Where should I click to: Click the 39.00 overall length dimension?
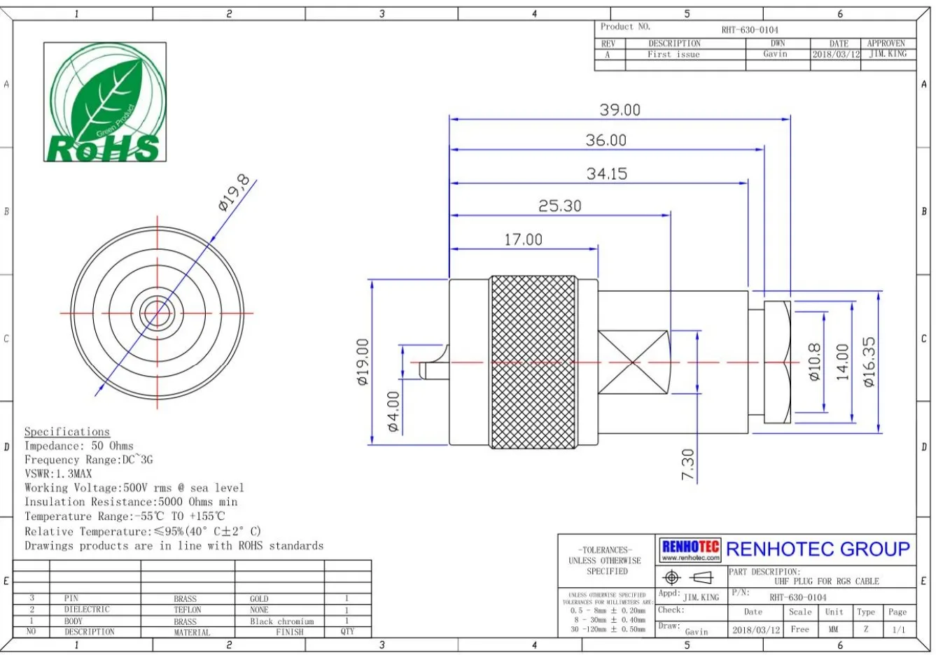620,110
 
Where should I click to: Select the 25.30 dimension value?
559,206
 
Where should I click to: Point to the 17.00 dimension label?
523,239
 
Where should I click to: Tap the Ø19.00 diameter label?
362,362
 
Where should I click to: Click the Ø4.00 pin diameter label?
393,411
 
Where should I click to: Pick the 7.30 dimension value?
687,464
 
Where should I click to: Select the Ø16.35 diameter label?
869,362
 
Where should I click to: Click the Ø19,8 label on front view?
234,193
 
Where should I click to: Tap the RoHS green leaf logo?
105,102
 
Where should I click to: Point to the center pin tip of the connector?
422,369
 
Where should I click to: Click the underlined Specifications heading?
67,432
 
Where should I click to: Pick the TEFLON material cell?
187,610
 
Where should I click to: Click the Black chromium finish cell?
282,621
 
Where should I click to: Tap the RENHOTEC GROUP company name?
818,549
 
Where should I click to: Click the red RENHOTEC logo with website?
690,550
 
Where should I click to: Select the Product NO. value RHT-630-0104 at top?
750,30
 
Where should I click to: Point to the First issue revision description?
673,55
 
